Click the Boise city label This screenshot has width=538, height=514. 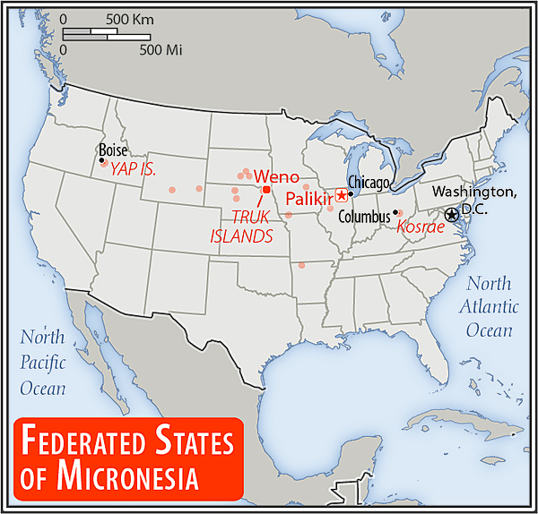click(x=113, y=150)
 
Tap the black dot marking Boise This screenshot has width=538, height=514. click(x=102, y=161)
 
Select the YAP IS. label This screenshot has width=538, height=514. click(x=134, y=167)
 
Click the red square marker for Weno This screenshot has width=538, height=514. click(x=266, y=190)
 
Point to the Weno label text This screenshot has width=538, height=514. click(x=276, y=176)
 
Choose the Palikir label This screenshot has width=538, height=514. click(x=308, y=197)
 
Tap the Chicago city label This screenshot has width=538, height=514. click(x=370, y=184)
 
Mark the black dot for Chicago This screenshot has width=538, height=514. click(x=351, y=193)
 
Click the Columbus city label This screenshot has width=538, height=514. click(x=363, y=216)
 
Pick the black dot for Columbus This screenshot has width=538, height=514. click(x=395, y=212)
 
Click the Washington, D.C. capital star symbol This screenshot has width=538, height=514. click(x=451, y=215)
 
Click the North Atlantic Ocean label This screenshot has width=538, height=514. click(x=491, y=306)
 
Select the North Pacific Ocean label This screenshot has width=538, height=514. click(x=43, y=363)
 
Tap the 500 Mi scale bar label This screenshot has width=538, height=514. click(x=161, y=49)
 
